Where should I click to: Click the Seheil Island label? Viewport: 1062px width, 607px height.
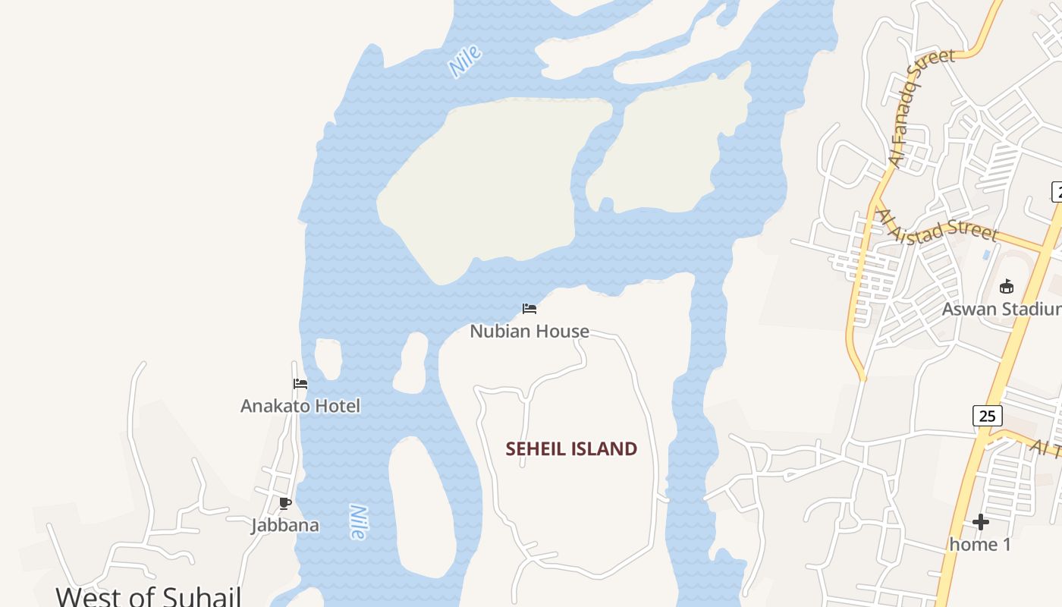pyautogui.click(x=571, y=448)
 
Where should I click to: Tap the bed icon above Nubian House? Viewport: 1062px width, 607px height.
pyautogui.click(x=529, y=309)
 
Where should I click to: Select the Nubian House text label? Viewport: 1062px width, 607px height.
pyautogui.click(x=529, y=331)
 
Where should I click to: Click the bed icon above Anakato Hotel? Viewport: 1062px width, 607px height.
pyautogui.click(x=300, y=384)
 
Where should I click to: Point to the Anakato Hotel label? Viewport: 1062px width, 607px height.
pyautogui.click(x=300, y=406)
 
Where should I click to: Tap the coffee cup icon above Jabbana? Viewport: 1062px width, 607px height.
pyautogui.click(x=285, y=503)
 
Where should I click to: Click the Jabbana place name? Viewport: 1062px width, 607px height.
pyautogui.click(x=285, y=525)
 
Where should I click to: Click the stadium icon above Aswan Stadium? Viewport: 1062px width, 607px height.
pyautogui.click(x=1007, y=287)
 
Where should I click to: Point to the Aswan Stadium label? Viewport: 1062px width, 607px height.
pyautogui.click(x=1001, y=309)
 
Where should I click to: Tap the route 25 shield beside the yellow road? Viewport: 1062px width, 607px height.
pyautogui.click(x=987, y=416)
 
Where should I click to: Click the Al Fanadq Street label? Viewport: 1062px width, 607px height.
pyautogui.click(x=921, y=108)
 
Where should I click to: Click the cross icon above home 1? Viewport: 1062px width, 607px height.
pyautogui.click(x=981, y=522)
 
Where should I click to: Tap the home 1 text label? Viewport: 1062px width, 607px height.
pyautogui.click(x=981, y=544)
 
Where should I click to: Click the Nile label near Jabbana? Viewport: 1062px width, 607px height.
pyautogui.click(x=358, y=522)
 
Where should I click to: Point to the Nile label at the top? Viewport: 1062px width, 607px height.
pyautogui.click(x=465, y=61)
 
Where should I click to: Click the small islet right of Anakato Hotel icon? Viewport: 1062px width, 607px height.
pyautogui.click(x=328, y=358)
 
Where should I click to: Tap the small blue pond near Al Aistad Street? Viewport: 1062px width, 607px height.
pyautogui.click(x=986, y=255)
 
